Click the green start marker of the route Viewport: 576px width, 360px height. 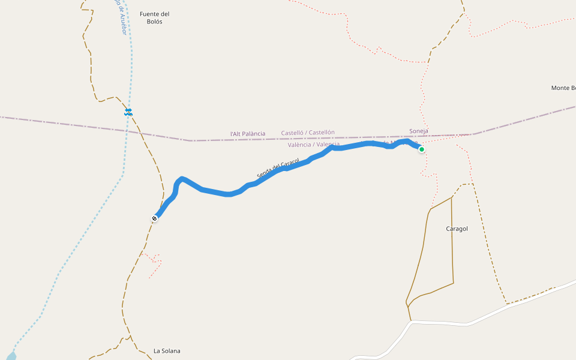(x=422, y=149)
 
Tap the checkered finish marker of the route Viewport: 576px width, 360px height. (x=155, y=219)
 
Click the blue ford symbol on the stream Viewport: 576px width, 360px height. (x=128, y=112)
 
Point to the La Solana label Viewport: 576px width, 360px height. (x=167, y=351)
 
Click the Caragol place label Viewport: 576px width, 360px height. (x=457, y=229)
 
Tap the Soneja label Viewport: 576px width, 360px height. (x=419, y=131)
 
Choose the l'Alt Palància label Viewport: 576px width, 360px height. (x=248, y=134)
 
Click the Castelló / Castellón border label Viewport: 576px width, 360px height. (x=308, y=133)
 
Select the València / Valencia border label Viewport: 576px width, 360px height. (x=313, y=145)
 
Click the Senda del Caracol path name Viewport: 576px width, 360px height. (x=278, y=168)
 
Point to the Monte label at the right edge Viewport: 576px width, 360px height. (x=563, y=88)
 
